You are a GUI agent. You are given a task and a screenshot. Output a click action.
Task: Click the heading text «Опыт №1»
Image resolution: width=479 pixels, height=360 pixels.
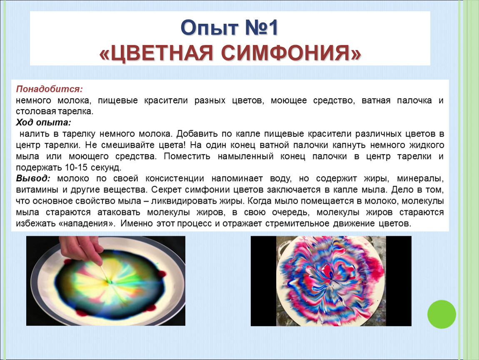click(x=230, y=28)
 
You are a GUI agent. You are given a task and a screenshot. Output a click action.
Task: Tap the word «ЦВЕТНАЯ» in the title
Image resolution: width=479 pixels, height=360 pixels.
click(x=156, y=53)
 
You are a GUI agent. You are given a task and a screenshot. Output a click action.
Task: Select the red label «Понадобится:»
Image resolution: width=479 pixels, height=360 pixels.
click(x=50, y=89)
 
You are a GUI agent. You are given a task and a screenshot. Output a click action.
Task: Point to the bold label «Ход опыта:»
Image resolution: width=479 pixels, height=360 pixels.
click(x=43, y=122)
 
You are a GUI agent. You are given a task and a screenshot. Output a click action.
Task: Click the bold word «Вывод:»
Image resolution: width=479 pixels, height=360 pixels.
click(x=33, y=178)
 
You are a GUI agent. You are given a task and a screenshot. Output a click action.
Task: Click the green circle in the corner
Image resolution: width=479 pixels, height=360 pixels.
click(x=442, y=314)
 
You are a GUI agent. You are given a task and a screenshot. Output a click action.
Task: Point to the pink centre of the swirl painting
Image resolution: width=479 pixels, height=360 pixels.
click(x=328, y=271)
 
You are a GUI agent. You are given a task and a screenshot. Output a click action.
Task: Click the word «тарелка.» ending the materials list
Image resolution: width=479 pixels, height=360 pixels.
click(x=76, y=112)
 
